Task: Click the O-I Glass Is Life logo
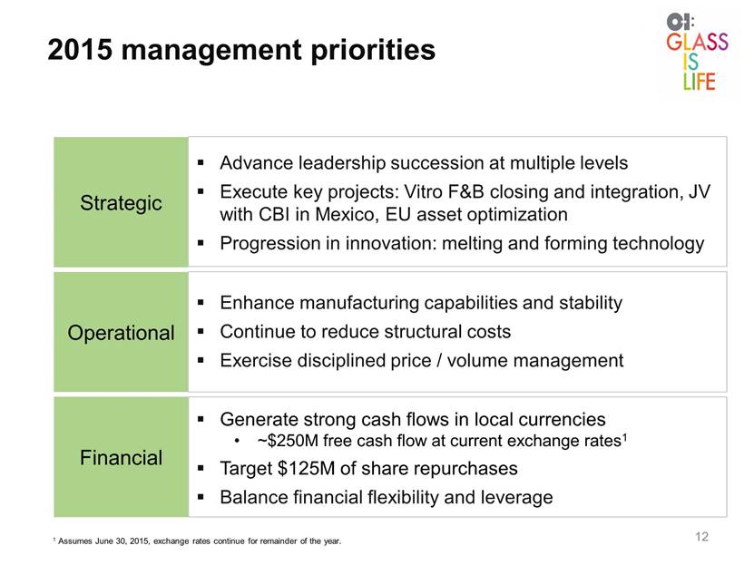[697, 52]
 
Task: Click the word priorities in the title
[373, 50]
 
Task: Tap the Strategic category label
[121, 203]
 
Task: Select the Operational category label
[121, 333]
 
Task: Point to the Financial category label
[121, 457]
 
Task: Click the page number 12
[701, 537]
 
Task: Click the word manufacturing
[358, 303]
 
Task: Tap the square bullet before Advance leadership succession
[201, 163]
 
